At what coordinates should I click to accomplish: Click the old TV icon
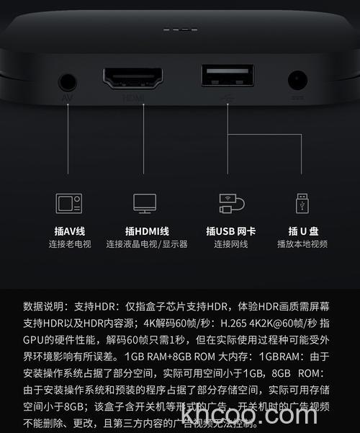(x=69, y=202)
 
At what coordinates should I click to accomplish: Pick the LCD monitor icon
(x=145, y=202)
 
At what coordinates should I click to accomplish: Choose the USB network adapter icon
(x=230, y=202)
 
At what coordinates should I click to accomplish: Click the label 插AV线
(x=69, y=231)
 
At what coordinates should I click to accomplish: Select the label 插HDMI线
(x=146, y=231)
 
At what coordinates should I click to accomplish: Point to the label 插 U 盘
(x=303, y=231)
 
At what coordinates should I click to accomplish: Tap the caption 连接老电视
(x=69, y=244)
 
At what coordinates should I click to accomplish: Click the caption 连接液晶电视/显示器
(x=146, y=244)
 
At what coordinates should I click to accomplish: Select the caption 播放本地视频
(x=302, y=244)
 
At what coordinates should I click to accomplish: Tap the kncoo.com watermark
(x=249, y=415)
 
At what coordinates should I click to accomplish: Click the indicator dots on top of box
(x=175, y=30)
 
